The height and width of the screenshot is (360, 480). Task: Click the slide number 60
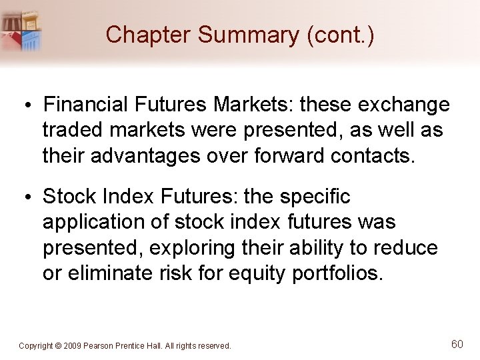pyautogui.click(x=457, y=344)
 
